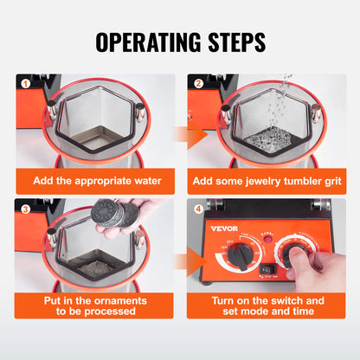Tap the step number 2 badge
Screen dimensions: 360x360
coord(198,83)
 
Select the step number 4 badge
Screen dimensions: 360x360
coord(198,208)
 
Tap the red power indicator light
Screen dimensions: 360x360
coord(261,234)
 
